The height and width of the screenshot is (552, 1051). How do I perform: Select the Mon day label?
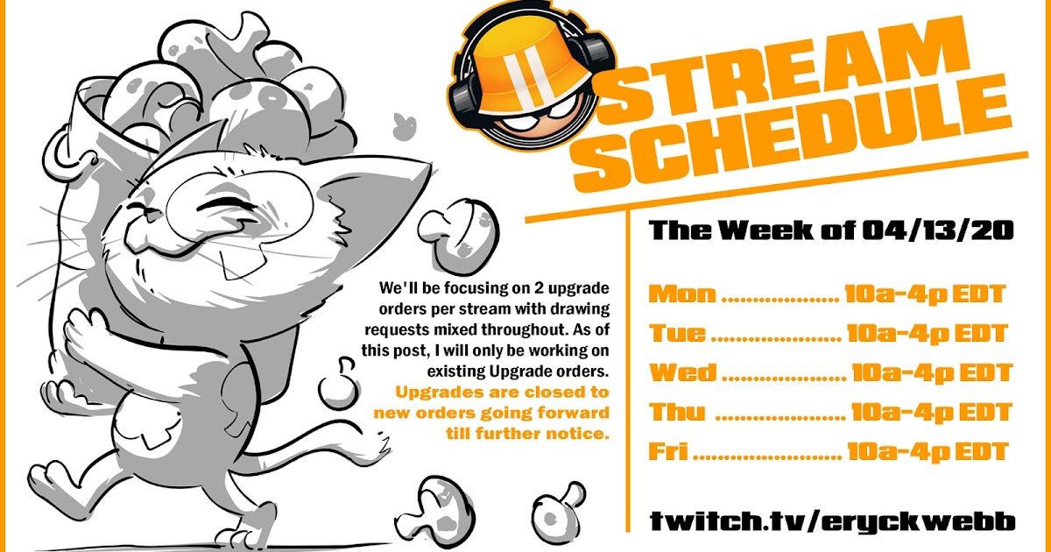(x=681, y=294)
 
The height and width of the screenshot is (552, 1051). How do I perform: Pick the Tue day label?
(x=677, y=333)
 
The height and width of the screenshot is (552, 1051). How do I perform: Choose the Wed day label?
(x=682, y=372)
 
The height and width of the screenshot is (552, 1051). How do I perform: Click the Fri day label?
(x=668, y=452)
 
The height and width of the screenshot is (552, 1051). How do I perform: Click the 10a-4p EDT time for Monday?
(x=924, y=294)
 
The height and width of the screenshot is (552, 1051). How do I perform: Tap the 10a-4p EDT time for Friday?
(x=928, y=452)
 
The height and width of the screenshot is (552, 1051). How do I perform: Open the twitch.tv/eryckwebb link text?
(x=832, y=521)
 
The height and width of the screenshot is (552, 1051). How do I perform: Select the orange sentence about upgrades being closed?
(x=491, y=412)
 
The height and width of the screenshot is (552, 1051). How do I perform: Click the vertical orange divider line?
(x=628, y=368)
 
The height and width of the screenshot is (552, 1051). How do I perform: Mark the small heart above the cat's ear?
(x=406, y=122)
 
